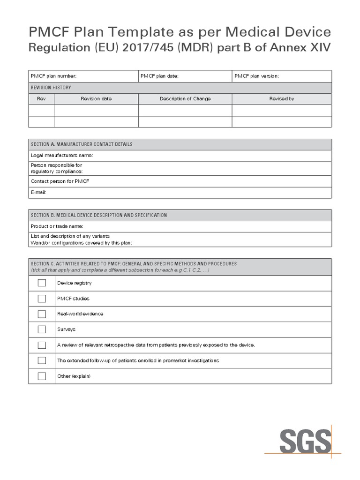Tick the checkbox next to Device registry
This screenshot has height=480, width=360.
(x=42, y=283)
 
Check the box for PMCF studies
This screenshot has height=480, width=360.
(x=42, y=299)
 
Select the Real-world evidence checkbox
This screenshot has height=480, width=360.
(x=42, y=314)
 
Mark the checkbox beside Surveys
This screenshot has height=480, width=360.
(x=42, y=330)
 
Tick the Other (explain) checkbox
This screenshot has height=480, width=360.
(x=42, y=376)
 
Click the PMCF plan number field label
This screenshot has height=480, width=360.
(x=53, y=76)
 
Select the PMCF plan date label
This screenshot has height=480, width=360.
(x=159, y=76)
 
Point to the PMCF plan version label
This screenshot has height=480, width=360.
(x=257, y=76)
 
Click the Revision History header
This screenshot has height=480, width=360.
(x=51, y=88)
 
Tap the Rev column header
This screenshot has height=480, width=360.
(x=41, y=99)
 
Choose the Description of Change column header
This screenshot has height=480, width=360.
(x=185, y=99)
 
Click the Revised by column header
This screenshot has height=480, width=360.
(x=282, y=99)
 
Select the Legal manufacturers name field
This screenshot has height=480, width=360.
(x=62, y=156)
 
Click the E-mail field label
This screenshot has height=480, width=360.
(x=39, y=192)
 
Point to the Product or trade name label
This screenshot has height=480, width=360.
(x=57, y=226)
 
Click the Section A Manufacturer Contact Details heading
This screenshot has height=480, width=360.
(x=82, y=144)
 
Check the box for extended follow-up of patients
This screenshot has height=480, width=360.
(x=42, y=360)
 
